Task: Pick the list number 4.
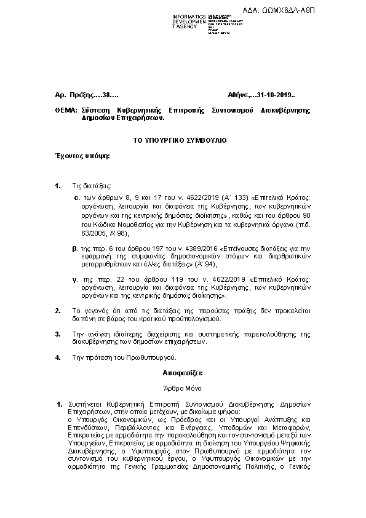tap(58, 356)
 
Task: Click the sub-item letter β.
tap(75, 245)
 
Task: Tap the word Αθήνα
tap(237, 95)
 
